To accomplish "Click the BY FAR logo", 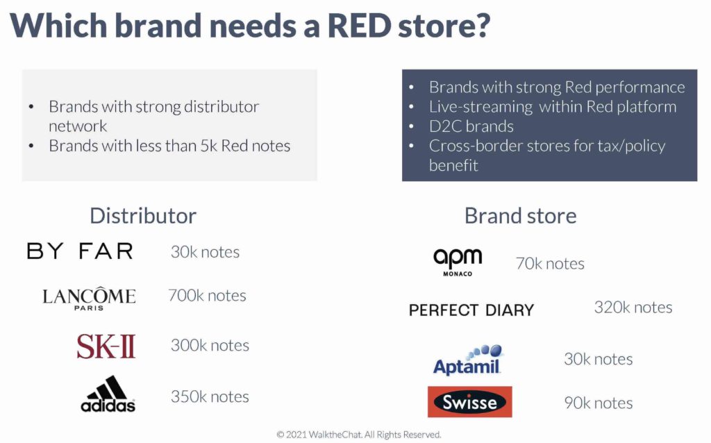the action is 80,251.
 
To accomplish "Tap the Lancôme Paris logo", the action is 89,299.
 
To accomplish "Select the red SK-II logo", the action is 106,346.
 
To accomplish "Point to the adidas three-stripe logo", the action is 108,394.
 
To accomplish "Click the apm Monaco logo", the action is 458,262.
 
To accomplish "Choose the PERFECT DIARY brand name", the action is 471,310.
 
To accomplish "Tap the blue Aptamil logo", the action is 467,360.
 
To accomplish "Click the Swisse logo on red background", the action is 470,402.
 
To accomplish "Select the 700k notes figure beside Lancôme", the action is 207,296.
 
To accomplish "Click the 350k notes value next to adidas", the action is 210,396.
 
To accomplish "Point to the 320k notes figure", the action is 633,308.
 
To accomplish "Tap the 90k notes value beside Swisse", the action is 599,403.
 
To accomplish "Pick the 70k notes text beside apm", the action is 550,264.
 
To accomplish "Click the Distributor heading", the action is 143,216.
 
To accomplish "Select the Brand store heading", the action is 521,216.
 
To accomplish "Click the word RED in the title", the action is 359,26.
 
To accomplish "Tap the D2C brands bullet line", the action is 471,126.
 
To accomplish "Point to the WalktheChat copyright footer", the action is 359,435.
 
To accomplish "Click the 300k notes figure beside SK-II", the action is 210,346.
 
